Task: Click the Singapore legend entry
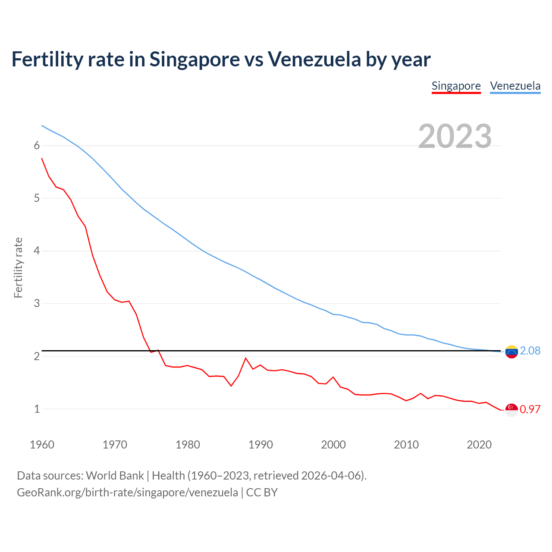456,86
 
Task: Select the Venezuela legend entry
515,86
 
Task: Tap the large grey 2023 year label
455,136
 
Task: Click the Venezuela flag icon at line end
511,352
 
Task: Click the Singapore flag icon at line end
511,410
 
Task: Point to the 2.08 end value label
530,351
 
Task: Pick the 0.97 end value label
530,410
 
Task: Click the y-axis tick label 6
37,146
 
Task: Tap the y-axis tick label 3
37,304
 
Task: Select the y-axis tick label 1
37,409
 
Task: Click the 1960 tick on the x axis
42,445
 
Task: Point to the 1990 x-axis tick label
260,445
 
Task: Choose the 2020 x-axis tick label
479,445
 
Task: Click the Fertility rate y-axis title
18,267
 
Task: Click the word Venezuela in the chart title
314,59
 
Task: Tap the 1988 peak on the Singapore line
246,358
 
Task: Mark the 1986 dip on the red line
231,386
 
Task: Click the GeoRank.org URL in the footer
127,492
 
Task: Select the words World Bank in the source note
115,476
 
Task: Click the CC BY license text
262,492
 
